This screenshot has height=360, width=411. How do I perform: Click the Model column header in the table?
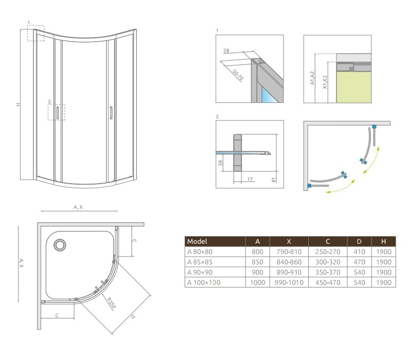click(197, 241)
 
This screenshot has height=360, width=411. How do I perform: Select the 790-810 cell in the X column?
click(289, 252)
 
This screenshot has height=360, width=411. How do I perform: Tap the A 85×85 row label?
click(200, 262)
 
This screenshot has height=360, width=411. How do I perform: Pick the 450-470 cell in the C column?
click(328, 282)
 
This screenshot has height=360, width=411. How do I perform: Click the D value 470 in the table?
click(359, 262)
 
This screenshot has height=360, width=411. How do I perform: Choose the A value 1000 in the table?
click(257, 282)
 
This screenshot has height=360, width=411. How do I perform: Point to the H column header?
click(383, 241)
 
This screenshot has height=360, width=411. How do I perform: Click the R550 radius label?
click(111, 302)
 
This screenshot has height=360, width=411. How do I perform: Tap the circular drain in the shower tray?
click(60, 245)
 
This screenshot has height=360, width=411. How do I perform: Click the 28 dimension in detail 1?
click(226, 50)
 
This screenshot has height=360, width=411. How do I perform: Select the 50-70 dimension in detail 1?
click(238, 75)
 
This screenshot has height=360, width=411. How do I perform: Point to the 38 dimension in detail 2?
click(220, 163)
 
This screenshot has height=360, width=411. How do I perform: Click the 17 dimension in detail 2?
click(250, 179)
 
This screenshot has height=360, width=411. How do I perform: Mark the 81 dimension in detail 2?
click(274, 180)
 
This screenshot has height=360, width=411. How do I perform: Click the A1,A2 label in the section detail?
click(312, 78)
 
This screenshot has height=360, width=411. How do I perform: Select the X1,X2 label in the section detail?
click(325, 82)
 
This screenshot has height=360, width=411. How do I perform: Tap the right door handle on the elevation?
click(111, 113)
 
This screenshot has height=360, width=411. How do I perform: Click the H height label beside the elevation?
click(18, 104)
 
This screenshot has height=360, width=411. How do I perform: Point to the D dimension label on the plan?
click(133, 317)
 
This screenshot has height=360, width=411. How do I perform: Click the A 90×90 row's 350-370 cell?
click(328, 273)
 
